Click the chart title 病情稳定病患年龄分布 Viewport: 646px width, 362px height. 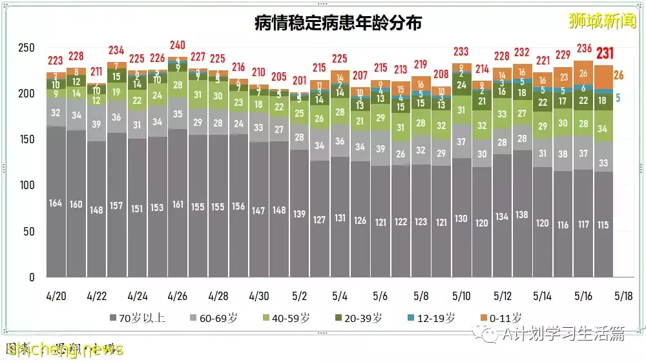[x=338, y=24]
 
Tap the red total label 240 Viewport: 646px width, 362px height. [x=177, y=45]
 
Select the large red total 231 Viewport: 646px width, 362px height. [x=605, y=54]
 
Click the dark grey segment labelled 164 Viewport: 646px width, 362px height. [x=56, y=203]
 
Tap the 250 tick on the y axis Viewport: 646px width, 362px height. [x=26, y=48]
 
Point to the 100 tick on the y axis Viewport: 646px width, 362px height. [x=26, y=185]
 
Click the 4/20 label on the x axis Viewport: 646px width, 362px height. [x=56, y=297]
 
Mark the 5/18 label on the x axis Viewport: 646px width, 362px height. [x=624, y=297]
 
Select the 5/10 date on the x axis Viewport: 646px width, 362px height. [x=461, y=297]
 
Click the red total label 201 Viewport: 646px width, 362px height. [x=299, y=81]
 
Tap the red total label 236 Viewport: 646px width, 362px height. [x=583, y=48]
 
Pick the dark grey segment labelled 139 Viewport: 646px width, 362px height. [x=299, y=214]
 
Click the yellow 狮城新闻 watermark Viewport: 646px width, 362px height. [x=601, y=21]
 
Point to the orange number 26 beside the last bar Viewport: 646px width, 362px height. [x=618, y=75]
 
